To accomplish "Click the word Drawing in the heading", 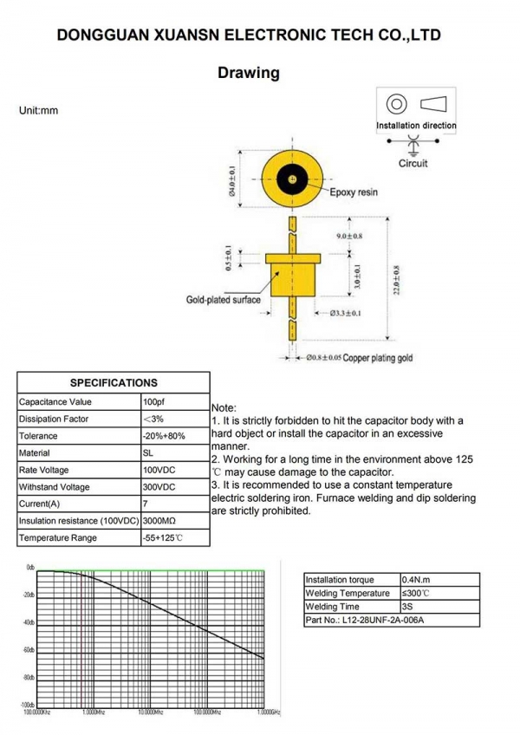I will click(x=249, y=73).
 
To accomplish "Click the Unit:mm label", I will click(x=38, y=111).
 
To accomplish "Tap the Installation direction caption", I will click(x=416, y=126).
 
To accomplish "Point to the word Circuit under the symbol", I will click(x=413, y=163).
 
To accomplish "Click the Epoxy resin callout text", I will click(x=354, y=192).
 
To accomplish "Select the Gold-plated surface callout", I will click(x=224, y=300).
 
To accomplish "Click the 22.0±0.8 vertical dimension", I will click(x=397, y=281).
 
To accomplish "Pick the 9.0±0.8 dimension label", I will click(x=349, y=236).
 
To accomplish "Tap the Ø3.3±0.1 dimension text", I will click(x=345, y=313).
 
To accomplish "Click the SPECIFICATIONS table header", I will click(x=114, y=382).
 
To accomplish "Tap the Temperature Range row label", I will click(x=57, y=538).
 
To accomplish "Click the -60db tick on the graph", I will click(x=29, y=650).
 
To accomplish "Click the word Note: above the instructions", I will click(x=224, y=407).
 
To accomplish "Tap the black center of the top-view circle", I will click(x=295, y=179).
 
